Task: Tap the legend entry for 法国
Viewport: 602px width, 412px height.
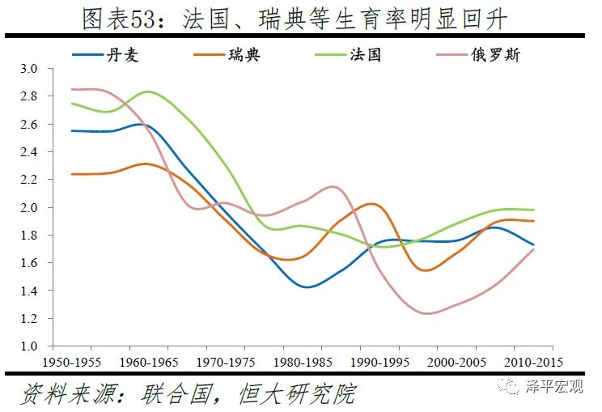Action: (x=365, y=55)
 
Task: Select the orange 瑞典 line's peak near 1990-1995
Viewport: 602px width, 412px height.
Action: (x=371, y=204)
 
